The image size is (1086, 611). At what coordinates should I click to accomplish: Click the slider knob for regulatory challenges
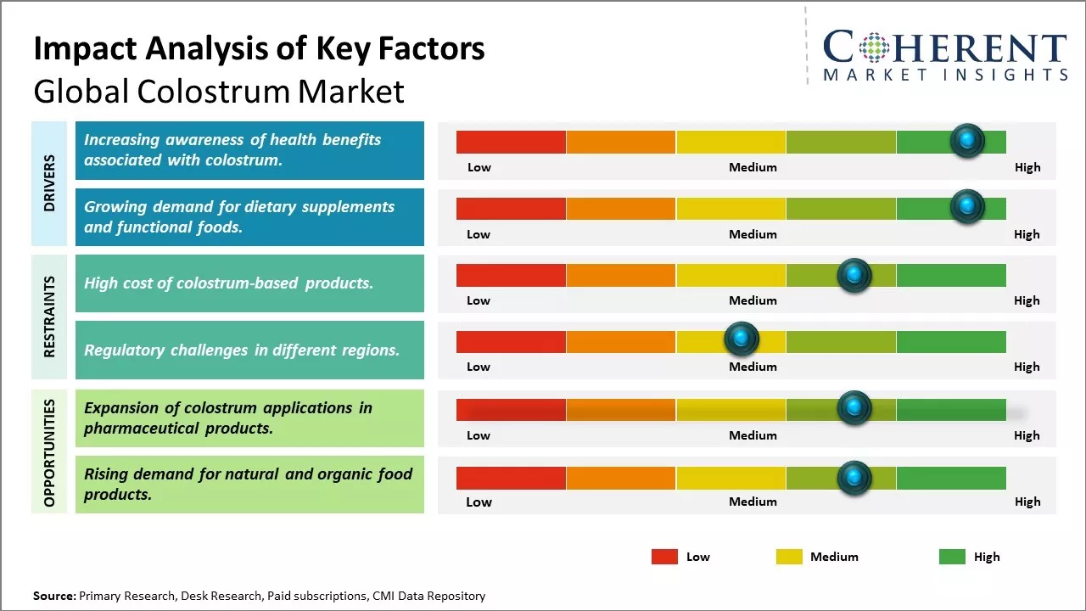click(x=742, y=339)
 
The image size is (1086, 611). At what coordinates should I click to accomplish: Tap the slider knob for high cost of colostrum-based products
click(x=854, y=275)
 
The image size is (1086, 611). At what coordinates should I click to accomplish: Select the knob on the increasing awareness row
click(x=967, y=140)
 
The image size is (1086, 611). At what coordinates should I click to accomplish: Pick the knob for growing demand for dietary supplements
click(x=967, y=206)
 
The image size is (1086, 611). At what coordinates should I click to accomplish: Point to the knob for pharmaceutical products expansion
click(x=854, y=408)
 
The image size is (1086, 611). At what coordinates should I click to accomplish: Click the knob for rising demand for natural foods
click(x=854, y=478)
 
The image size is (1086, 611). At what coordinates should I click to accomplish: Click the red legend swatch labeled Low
click(x=664, y=557)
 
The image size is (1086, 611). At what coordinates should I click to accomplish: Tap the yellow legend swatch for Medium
click(x=789, y=557)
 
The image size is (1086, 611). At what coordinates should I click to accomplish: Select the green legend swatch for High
click(x=952, y=557)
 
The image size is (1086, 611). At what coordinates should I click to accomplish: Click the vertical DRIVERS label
click(x=49, y=183)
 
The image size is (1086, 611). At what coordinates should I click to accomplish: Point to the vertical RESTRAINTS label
click(x=49, y=317)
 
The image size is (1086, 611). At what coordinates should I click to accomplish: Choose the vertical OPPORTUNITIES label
click(x=49, y=452)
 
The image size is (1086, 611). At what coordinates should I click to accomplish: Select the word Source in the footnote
click(x=53, y=596)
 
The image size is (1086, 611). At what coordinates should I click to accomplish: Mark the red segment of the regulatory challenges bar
click(x=511, y=342)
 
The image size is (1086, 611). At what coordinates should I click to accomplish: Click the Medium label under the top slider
click(x=753, y=167)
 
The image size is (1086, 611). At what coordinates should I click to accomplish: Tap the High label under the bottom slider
click(x=1027, y=502)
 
